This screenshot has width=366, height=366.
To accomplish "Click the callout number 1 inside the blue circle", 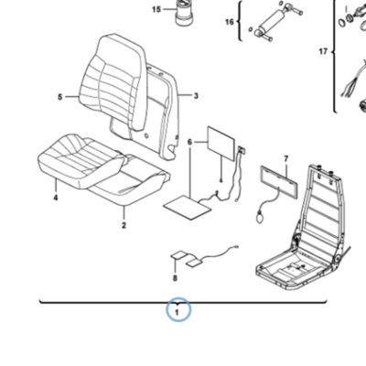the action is click(x=178, y=312).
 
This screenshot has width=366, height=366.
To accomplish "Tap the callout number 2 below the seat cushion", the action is click(x=124, y=225).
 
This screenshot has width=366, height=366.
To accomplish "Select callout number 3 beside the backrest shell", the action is click(x=196, y=96).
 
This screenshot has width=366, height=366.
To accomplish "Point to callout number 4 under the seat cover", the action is click(x=56, y=198).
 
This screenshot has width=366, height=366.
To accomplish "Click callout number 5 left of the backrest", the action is click(x=59, y=97).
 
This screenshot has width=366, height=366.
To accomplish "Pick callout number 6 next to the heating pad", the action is click(x=190, y=142).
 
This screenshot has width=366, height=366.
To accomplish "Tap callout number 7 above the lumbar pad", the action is click(x=286, y=158).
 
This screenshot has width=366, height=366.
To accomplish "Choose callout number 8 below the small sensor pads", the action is click(x=175, y=278).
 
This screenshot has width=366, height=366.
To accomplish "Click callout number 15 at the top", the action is click(x=156, y=9).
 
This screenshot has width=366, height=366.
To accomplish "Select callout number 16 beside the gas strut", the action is click(x=230, y=22).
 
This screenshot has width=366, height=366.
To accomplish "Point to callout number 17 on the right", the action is click(x=323, y=51).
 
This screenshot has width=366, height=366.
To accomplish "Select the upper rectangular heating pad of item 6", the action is click(x=221, y=143).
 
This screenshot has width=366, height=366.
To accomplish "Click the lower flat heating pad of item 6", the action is click(x=188, y=208).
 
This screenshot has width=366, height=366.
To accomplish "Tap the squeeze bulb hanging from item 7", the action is click(x=260, y=219).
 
